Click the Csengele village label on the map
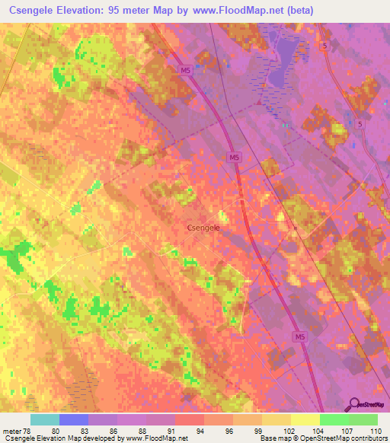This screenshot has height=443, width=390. coord(203,227)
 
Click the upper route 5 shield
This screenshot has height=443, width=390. coord(325,47)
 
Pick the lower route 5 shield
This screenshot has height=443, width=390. coord(359,123)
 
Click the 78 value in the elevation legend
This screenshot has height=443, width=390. coord(28,430)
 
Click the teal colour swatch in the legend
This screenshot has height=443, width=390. coord(44,419)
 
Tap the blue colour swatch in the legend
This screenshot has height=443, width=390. coord(73,419)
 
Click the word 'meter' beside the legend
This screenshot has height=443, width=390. coord(11,430)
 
